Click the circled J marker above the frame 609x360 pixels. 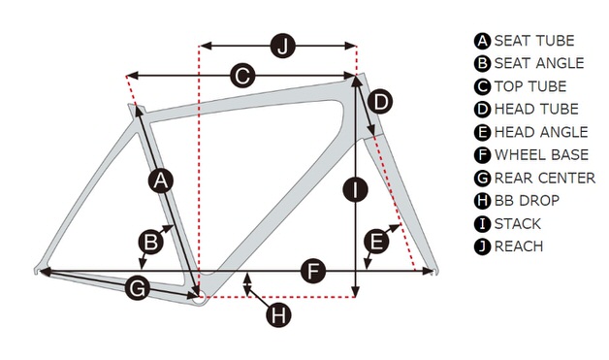pyautogui.click(x=283, y=46)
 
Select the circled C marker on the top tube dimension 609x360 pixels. pyautogui.click(x=242, y=76)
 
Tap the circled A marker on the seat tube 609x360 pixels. pyautogui.click(x=161, y=180)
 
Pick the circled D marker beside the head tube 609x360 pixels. pyautogui.click(x=380, y=102)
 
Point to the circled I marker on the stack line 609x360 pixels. pyautogui.click(x=355, y=189)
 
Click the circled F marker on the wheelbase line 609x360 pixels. pyautogui.click(x=313, y=271)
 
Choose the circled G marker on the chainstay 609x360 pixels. pyautogui.click(x=138, y=288)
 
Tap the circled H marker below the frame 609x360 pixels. pyautogui.click(x=278, y=314)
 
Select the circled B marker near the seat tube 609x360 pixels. pyautogui.click(x=150, y=242)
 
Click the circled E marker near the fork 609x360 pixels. pyautogui.click(x=376, y=242)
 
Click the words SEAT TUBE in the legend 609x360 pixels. pyautogui.click(x=534, y=41)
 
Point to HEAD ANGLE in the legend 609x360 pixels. pyautogui.click(x=541, y=132)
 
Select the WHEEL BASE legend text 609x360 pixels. pyautogui.click(x=541, y=154)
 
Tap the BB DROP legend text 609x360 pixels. pyautogui.click(x=527, y=201)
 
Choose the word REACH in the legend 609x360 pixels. pyautogui.click(x=519, y=246)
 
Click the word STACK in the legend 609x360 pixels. pyautogui.click(x=517, y=224)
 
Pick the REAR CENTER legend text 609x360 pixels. pyautogui.click(x=545, y=178)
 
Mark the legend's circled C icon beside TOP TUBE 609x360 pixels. pyautogui.click(x=482, y=86)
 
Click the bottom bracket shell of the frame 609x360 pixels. pyautogui.click(x=199, y=299)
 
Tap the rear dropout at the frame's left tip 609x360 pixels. pyautogui.click(x=37, y=270)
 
